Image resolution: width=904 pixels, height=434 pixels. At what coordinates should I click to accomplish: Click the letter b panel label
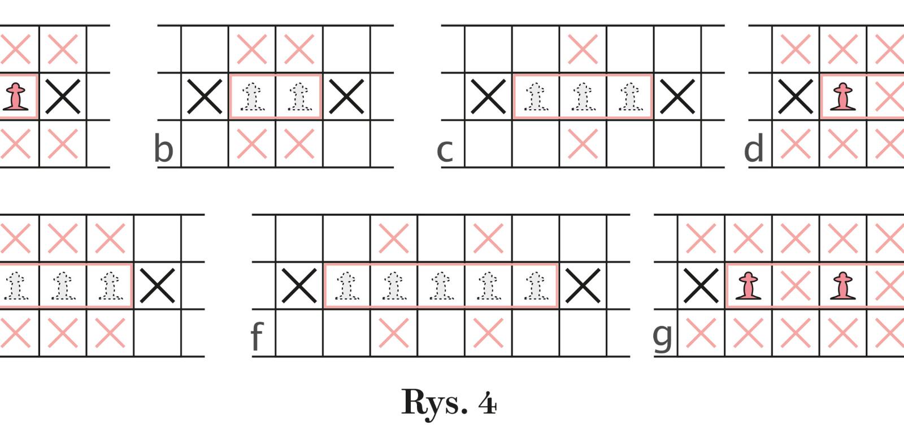click(x=163, y=149)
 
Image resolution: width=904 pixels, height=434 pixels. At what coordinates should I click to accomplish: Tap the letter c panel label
click(x=445, y=150)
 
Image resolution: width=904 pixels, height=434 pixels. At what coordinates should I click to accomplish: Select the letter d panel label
click(x=754, y=149)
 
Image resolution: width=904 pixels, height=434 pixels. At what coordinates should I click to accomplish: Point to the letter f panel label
click(x=257, y=337)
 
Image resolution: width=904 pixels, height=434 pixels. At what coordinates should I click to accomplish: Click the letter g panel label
click(x=663, y=336)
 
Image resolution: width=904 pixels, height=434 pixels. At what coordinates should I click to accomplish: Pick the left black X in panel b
click(x=205, y=97)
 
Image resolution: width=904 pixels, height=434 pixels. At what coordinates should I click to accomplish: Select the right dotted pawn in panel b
click(x=299, y=97)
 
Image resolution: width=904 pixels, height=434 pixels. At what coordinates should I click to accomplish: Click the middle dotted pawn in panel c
click(x=583, y=97)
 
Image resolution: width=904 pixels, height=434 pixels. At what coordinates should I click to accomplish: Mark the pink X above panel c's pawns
click(x=583, y=50)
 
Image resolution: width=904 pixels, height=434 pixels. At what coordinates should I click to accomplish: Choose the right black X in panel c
click(x=677, y=97)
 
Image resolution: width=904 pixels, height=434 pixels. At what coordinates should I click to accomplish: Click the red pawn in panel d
click(x=844, y=97)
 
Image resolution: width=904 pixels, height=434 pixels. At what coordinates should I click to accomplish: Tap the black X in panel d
click(x=796, y=97)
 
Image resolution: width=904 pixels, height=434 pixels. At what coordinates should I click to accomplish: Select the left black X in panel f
click(x=299, y=286)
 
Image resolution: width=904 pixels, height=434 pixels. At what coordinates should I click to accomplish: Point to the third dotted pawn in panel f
click(x=441, y=286)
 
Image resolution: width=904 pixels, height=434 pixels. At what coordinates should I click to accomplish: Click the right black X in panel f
click(x=583, y=286)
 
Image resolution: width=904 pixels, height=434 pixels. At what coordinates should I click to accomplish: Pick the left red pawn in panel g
click(x=749, y=286)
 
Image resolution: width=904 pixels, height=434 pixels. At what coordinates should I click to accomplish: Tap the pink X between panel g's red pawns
click(x=796, y=286)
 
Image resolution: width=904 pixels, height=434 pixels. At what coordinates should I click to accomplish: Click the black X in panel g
click(x=701, y=286)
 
